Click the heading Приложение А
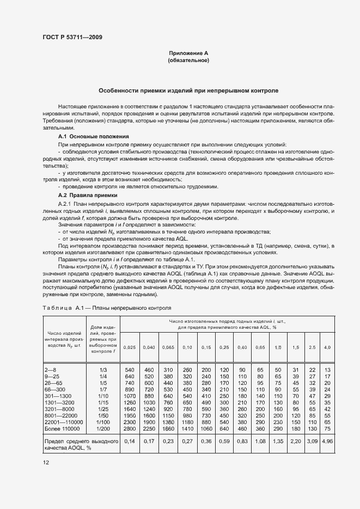click(188, 53)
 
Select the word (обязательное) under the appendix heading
click(188, 60)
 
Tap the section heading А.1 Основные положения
click(93, 136)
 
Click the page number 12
click(46, 462)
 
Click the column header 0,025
click(130, 347)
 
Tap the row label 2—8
click(51, 370)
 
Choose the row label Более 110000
click(61, 428)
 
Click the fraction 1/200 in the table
click(103, 428)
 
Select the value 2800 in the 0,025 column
click(130, 428)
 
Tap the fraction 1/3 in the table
click(103, 370)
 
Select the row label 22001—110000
click(64, 422)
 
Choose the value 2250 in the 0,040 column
click(149, 428)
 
